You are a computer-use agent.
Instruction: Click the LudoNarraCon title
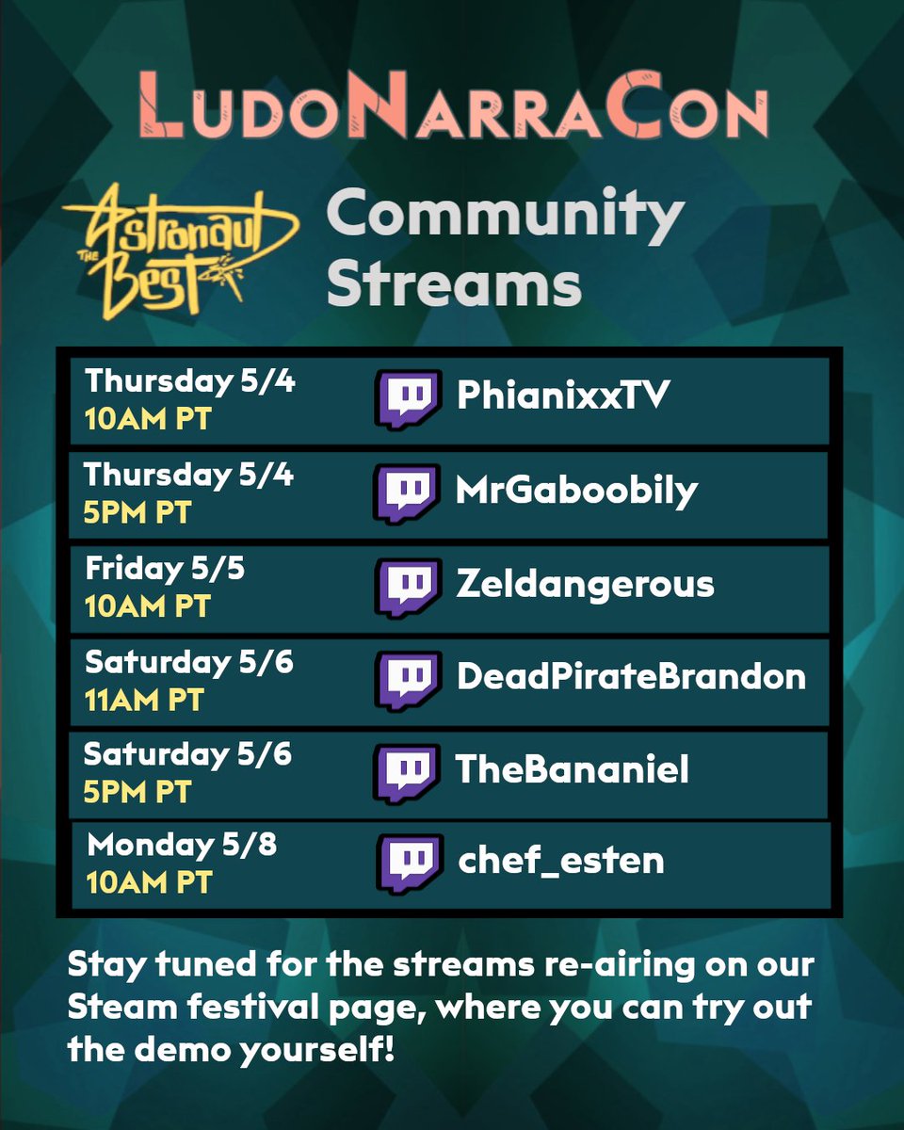[452, 111]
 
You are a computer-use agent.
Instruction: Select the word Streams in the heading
[454, 283]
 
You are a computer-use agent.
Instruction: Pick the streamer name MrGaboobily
[576, 491]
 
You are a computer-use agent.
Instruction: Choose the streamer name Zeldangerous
[585, 585]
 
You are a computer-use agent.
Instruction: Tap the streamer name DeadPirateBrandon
[631, 676]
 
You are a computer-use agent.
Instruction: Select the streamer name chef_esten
[561, 861]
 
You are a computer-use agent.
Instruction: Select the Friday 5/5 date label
[165, 569]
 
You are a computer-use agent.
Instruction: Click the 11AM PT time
[144, 701]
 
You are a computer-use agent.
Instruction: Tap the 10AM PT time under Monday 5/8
[150, 882]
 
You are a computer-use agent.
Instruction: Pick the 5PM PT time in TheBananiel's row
[137, 792]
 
